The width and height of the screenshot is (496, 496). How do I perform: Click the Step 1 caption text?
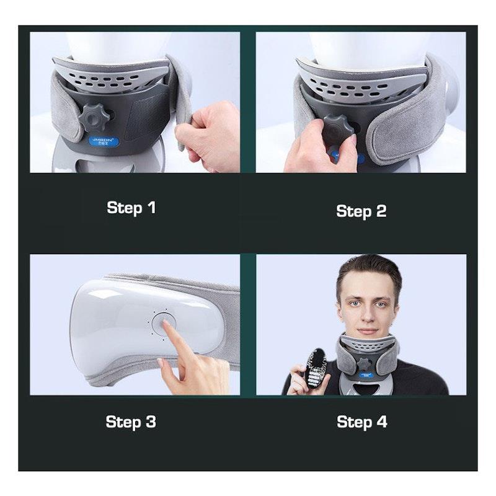(x=131, y=207)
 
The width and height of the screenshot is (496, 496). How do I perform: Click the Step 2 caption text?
(x=361, y=211)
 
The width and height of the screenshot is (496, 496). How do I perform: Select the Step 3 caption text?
(x=131, y=422)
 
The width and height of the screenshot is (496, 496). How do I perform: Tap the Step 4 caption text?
(x=361, y=422)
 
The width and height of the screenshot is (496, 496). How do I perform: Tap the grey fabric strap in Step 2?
(x=409, y=124)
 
